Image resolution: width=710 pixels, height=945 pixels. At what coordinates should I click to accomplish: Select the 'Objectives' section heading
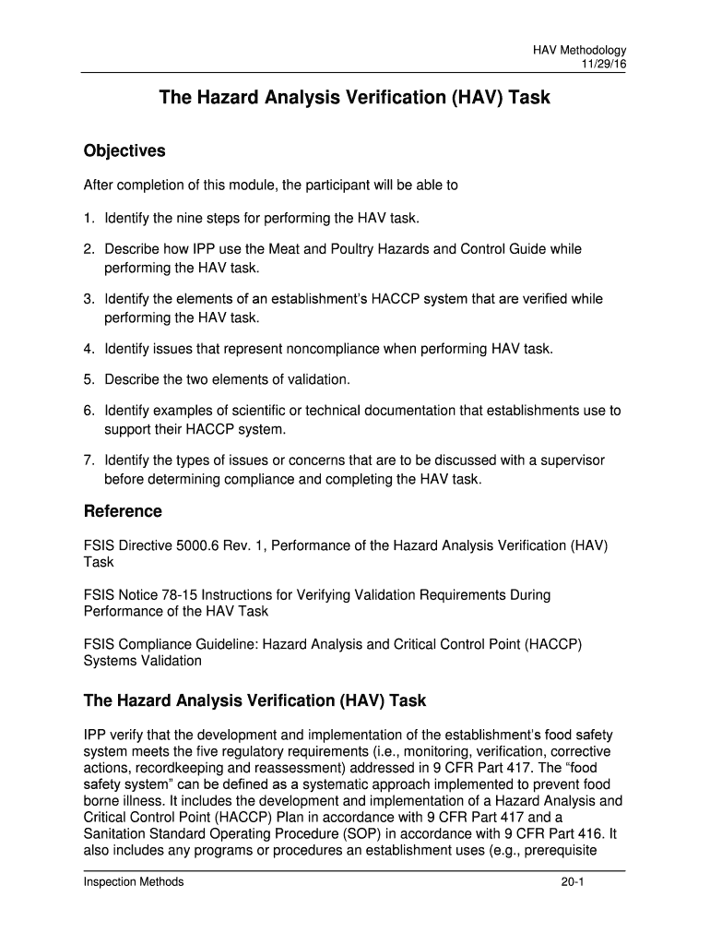tap(124, 150)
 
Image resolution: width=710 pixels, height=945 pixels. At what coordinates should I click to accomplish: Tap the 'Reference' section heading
tap(123, 511)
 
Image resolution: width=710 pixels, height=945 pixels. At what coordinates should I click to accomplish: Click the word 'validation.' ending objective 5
tap(318, 379)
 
